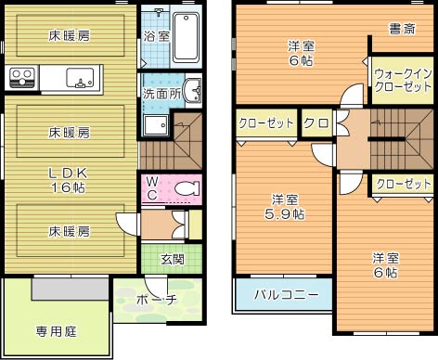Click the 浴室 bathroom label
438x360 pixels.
[x=156, y=37]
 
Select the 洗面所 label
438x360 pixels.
[x=161, y=94]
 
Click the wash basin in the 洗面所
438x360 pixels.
[x=192, y=91]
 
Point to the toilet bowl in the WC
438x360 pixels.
[x=187, y=188]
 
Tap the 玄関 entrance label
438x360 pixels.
[x=172, y=259]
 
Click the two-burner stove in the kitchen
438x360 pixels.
[x=21, y=77]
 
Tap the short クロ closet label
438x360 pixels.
[x=315, y=122]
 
